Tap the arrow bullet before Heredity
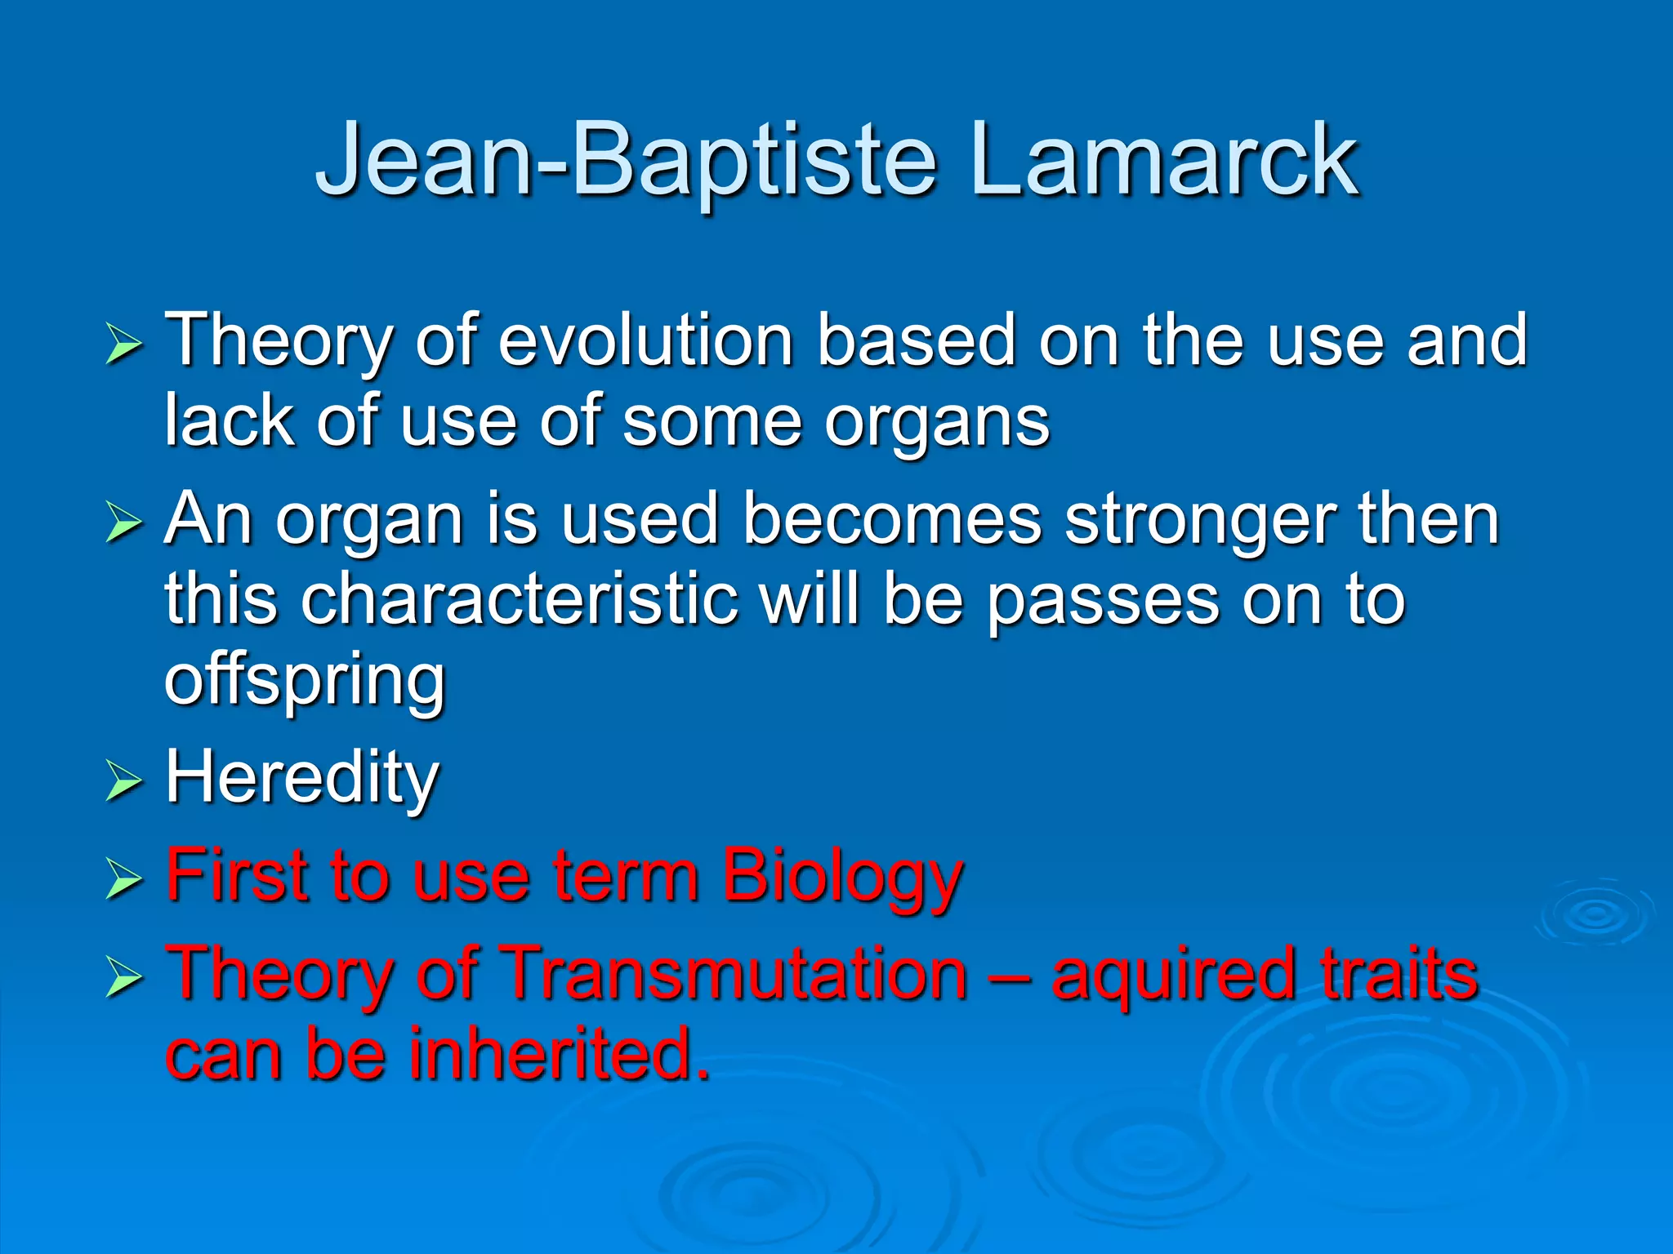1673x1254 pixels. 124,781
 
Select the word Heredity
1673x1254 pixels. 302,778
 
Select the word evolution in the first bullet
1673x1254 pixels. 646,340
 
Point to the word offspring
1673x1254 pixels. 305,682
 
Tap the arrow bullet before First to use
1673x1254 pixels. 124,881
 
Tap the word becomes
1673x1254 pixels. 891,520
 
